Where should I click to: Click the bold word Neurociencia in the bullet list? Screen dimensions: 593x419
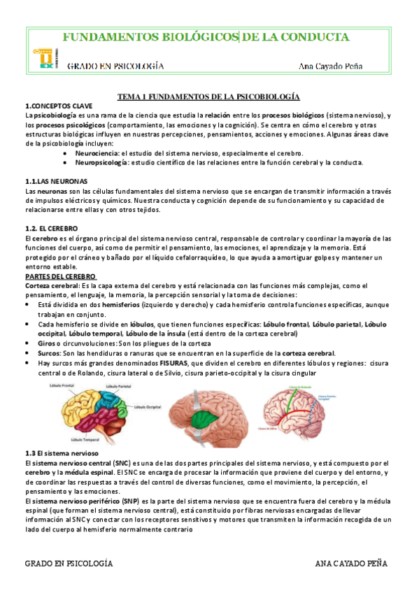point(97,152)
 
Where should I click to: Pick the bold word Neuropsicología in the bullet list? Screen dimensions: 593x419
point(101,162)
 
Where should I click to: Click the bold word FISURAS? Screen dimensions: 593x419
point(173,363)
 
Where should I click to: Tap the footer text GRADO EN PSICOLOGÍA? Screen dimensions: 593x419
point(69,564)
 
